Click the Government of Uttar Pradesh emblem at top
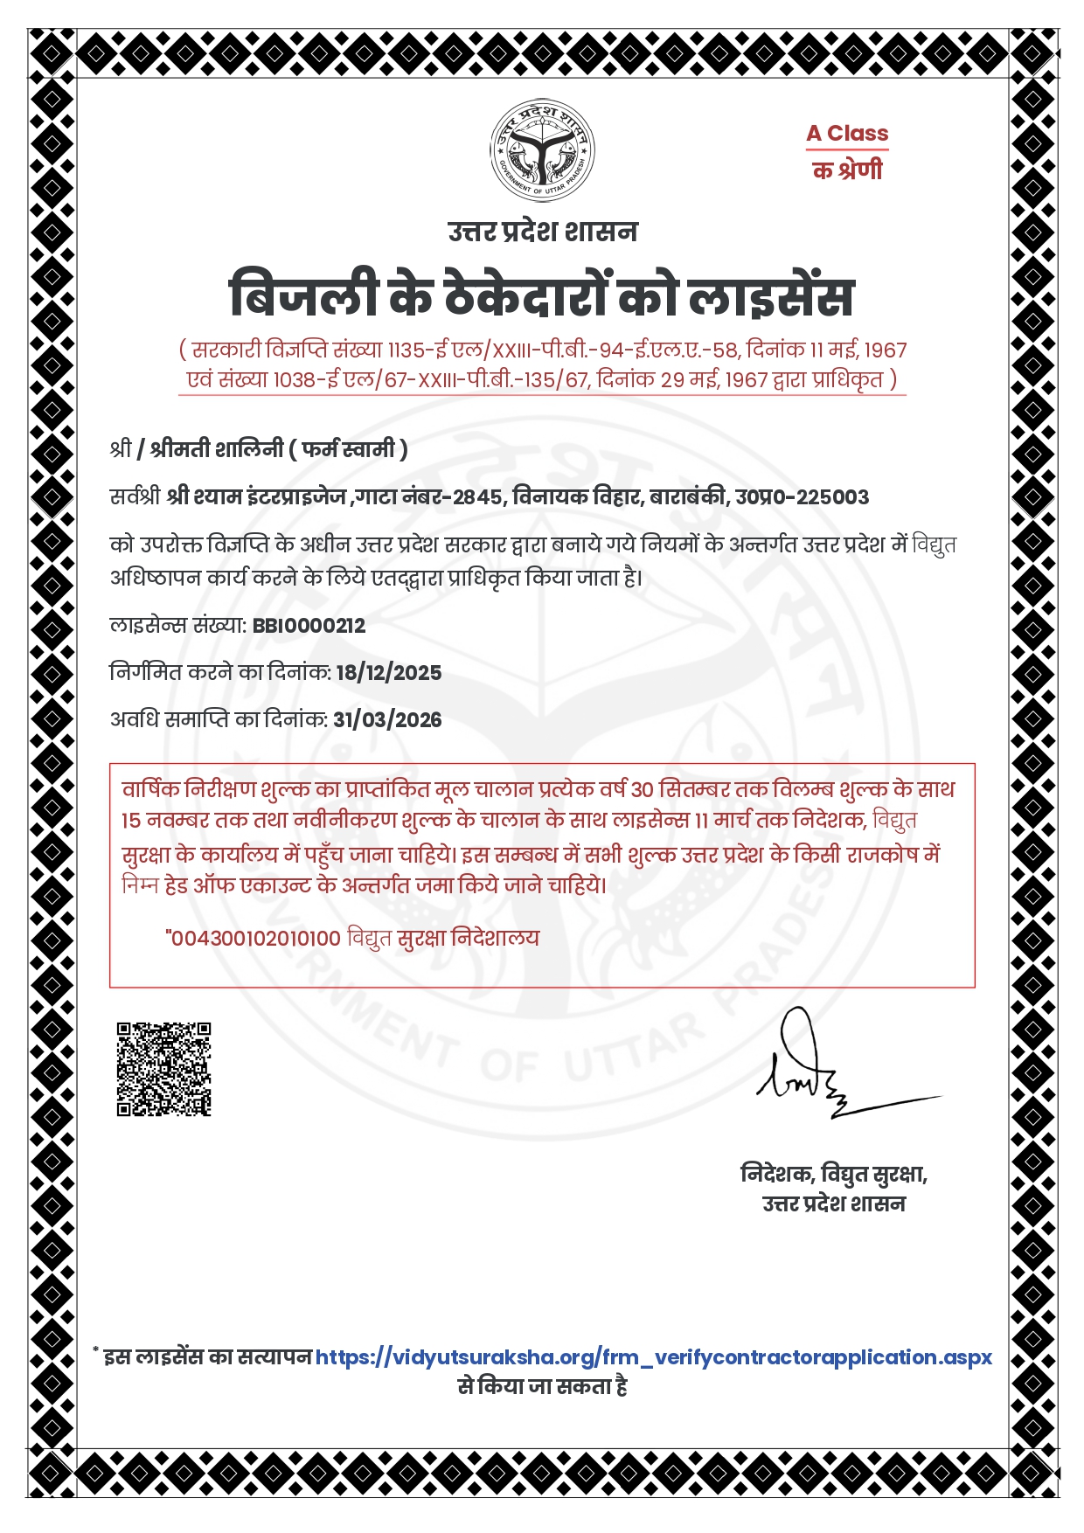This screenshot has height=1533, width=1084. click(x=542, y=150)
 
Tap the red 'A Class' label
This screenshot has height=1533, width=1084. click(x=846, y=134)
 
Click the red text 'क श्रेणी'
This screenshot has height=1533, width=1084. click(x=847, y=170)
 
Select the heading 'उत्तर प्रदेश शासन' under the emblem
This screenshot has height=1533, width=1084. click(x=542, y=232)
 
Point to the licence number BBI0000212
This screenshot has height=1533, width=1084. click(x=309, y=626)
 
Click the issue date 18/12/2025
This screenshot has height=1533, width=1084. click(x=389, y=673)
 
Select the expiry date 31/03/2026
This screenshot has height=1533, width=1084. click(x=387, y=720)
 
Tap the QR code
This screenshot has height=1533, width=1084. click(x=164, y=1069)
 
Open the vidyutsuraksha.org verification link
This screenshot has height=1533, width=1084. click(x=653, y=1357)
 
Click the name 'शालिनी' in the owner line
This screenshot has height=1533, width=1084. click(x=249, y=449)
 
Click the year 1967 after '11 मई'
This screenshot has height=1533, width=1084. click(x=885, y=350)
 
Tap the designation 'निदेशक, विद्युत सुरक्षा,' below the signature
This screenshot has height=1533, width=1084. click(x=833, y=1174)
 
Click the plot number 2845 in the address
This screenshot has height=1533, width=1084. click(x=477, y=497)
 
